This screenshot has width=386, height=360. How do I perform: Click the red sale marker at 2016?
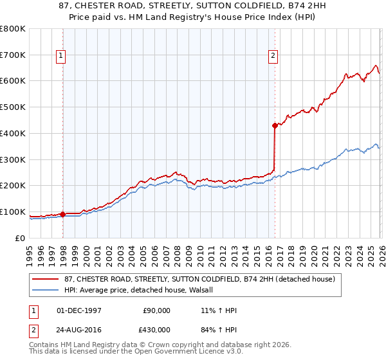pyautogui.click(x=275, y=125)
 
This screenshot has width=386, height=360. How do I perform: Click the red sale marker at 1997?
pyautogui.click(x=63, y=214)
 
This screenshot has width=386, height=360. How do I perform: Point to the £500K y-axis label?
pyautogui.click(x=12, y=107)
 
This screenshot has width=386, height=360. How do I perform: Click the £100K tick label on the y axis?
pyautogui.click(x=12, y=212)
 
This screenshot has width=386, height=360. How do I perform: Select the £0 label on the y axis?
pyautogui.click(x=19, y=239)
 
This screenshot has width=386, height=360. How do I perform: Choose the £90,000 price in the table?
pyautogui.click(x=156, y=310)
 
